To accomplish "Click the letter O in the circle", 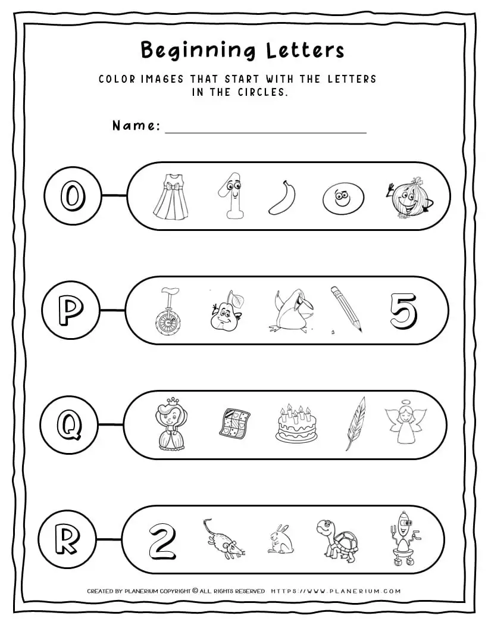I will [71, 196].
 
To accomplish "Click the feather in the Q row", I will [356, 423].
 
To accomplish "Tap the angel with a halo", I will [405, 424].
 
